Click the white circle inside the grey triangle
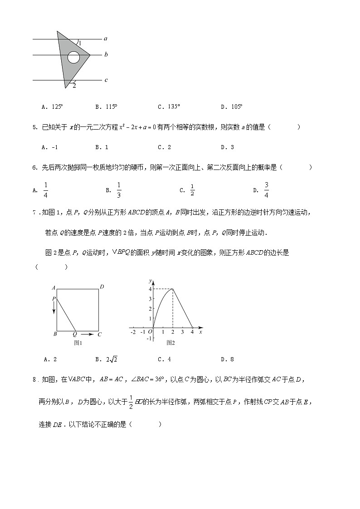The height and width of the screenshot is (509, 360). click(x=74, y=58)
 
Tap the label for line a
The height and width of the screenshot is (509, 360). click(x=105, y=39)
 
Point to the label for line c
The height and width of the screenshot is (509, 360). click(x=106, y=80)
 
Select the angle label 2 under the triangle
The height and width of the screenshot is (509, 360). click(x=74, y=85)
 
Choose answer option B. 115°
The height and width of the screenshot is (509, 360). click(x=106, y=107)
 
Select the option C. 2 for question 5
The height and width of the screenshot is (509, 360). click(x=164, y=147)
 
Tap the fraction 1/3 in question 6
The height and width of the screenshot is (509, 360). click(x=119, y=190)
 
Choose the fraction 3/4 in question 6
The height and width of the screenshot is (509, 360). click(x=267, y=190)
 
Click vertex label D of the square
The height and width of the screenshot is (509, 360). click(x=102, y=287)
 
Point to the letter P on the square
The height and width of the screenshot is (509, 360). click(x=54, y=299)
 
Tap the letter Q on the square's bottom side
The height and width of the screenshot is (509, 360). click(x=75, y=334)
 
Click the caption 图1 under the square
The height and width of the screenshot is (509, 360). click(x=78, y=343)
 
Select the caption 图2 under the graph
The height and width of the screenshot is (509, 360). click(x=170, y=343)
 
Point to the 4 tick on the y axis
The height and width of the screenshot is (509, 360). click(x=150, y=289)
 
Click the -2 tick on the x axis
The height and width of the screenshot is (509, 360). click(x=132, y=332)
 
